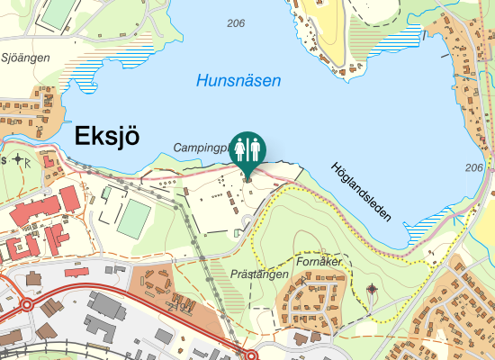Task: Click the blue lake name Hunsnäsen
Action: [x=238, y=80]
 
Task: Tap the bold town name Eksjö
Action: [x=106, y=136]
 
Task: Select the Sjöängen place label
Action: [x=24, y=57]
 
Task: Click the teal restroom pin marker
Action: [x=247, y=150]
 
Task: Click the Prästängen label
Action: [x=258, y=274]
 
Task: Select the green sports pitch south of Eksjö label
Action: [x=136, y=219]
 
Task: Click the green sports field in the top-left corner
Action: [x=59, y=11]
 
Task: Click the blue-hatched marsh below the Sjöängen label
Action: [x=81, y=81]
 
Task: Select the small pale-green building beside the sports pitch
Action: [x=106, y=192]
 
